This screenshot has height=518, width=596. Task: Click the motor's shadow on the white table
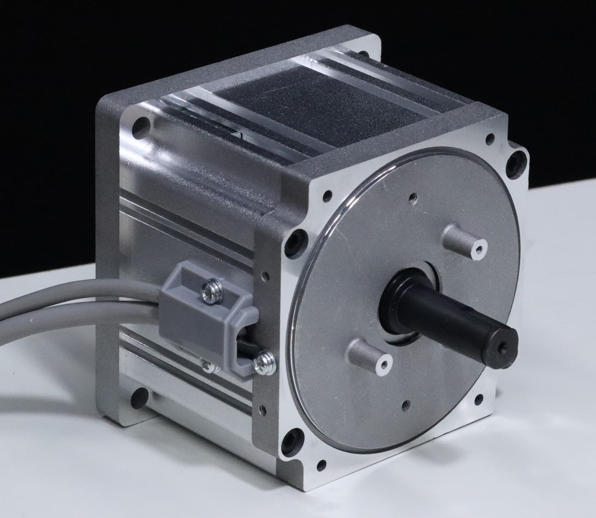[x=89, y=408]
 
